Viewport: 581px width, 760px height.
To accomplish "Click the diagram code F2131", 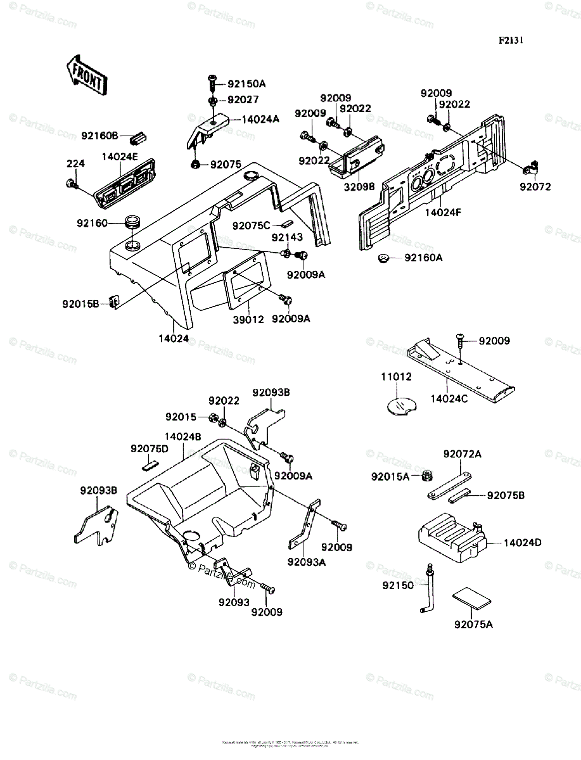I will pyautogui.click(x=511, y=40).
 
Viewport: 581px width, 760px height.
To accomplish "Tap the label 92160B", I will pyautogui.click(x=99, y=135).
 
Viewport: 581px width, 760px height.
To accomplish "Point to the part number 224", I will pyautogui.click(x=75, y=164).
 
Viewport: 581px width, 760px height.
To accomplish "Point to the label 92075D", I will pyautogui.click(x=150, y=449).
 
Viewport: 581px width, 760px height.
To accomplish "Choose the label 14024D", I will pyautogui.click(x=523, y=543).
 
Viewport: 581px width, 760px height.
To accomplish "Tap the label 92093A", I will pyautogui.click(x=306, y=561).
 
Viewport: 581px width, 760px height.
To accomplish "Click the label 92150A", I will pyautogui.click(x=246, y=84).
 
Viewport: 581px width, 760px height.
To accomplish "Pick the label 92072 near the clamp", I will pyautogui.click(x=535, y=187).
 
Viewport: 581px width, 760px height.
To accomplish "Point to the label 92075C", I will pyautogui.click(x=251, y=225).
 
